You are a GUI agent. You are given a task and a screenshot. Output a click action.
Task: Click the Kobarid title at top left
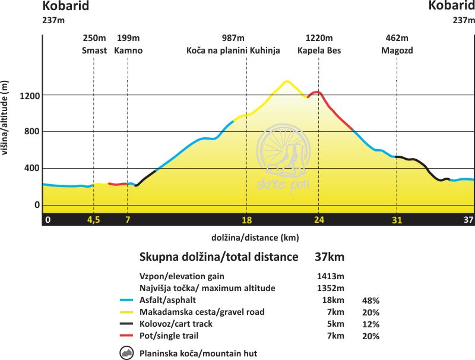(65, 6)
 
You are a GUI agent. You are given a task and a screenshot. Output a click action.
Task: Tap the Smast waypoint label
(94, 50)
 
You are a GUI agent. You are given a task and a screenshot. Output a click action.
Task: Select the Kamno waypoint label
(129, 50)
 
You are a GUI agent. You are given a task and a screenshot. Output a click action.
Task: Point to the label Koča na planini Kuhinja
(233, 50)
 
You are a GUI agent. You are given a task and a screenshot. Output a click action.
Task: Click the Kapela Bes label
(319, 50)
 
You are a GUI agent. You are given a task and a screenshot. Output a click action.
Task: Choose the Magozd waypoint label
(397, 50)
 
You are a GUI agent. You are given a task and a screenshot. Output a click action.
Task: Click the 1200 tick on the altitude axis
(29, 95)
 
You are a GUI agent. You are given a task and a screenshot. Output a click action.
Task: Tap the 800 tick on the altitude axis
(31, 132)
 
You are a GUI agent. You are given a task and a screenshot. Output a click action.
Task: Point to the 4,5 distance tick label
(94, 220)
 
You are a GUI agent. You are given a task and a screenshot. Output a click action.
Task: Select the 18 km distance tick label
(247, 220)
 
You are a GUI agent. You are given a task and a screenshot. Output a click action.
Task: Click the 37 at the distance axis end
(467, 220)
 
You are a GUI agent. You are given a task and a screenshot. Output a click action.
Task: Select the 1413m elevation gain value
(330, 276)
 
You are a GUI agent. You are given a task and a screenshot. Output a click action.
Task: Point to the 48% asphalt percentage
(370, 301)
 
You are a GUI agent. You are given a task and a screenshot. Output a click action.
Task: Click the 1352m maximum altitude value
(330, 288)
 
